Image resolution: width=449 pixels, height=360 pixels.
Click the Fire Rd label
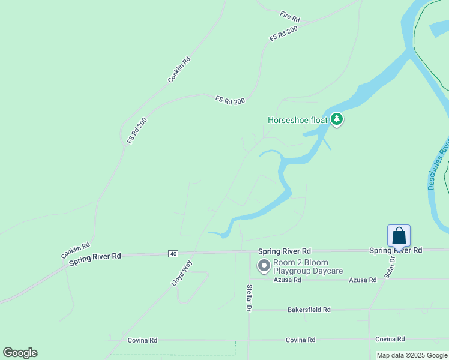pos(289,14)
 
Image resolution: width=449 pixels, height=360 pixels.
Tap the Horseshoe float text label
pos(297,120)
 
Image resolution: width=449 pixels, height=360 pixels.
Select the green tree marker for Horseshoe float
pos(337,119)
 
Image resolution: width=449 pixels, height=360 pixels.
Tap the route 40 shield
pos(173,254)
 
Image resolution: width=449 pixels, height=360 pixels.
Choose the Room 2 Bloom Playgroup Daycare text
pos(307,266)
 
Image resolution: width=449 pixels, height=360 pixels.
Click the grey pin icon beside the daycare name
pos(264,265)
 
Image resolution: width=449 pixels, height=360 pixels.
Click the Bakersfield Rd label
pos(309,310)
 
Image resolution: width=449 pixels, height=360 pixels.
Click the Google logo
pos(20,353)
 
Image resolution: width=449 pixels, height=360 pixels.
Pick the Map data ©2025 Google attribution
pos(412,355)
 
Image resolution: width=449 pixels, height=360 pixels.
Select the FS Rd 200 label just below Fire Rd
pos(283,34)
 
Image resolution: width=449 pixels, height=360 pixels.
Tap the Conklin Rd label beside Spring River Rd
pos(76,250)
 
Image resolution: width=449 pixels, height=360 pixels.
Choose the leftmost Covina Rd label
pos(142,340)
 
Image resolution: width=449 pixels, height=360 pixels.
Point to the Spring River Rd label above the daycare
pos(284,251)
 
